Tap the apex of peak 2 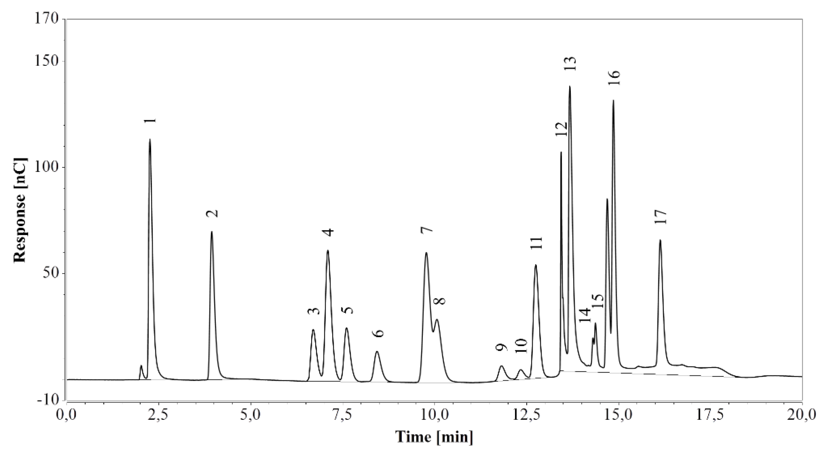pos(211,232)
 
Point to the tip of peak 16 pos(613,101)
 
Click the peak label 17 pos(660,217)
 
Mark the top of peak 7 pos(426,253)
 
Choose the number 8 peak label pos(441,301)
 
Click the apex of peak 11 pos(535,265)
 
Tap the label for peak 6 pos(378,333)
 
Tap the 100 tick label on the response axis pos(48,168)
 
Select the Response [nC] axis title pos(20,209)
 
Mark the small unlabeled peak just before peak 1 pos(141,366)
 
